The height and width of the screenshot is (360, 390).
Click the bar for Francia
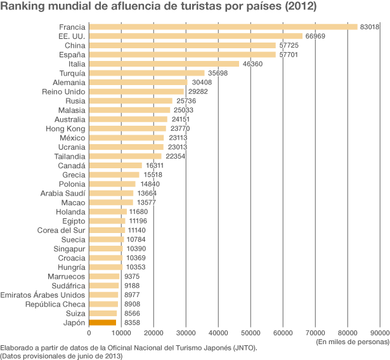tap(223, 27)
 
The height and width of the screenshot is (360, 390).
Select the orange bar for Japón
tap(103, 323)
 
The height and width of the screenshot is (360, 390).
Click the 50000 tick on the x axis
tap(251, 332)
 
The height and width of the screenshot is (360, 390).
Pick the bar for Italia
tap(164, 64)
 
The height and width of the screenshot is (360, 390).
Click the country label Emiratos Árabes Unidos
tap(43, 295)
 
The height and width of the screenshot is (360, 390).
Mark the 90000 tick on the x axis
tap(380, 332)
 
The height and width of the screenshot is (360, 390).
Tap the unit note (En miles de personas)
tap(353, 341)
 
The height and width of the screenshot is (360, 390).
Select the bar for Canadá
tap(115, 166)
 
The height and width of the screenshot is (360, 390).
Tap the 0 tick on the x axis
tap(89, 332)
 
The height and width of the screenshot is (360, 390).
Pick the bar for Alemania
tap(138, 83)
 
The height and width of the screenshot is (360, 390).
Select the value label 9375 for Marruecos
tap(133, 276)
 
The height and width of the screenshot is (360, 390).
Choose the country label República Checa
tap(50, 304)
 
